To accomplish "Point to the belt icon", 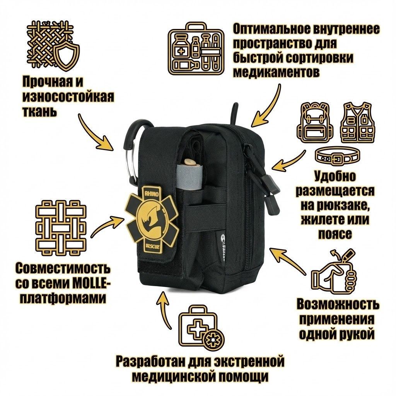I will (335, 156).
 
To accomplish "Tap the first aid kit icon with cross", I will (200, 326).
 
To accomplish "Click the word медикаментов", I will (276, 72).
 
